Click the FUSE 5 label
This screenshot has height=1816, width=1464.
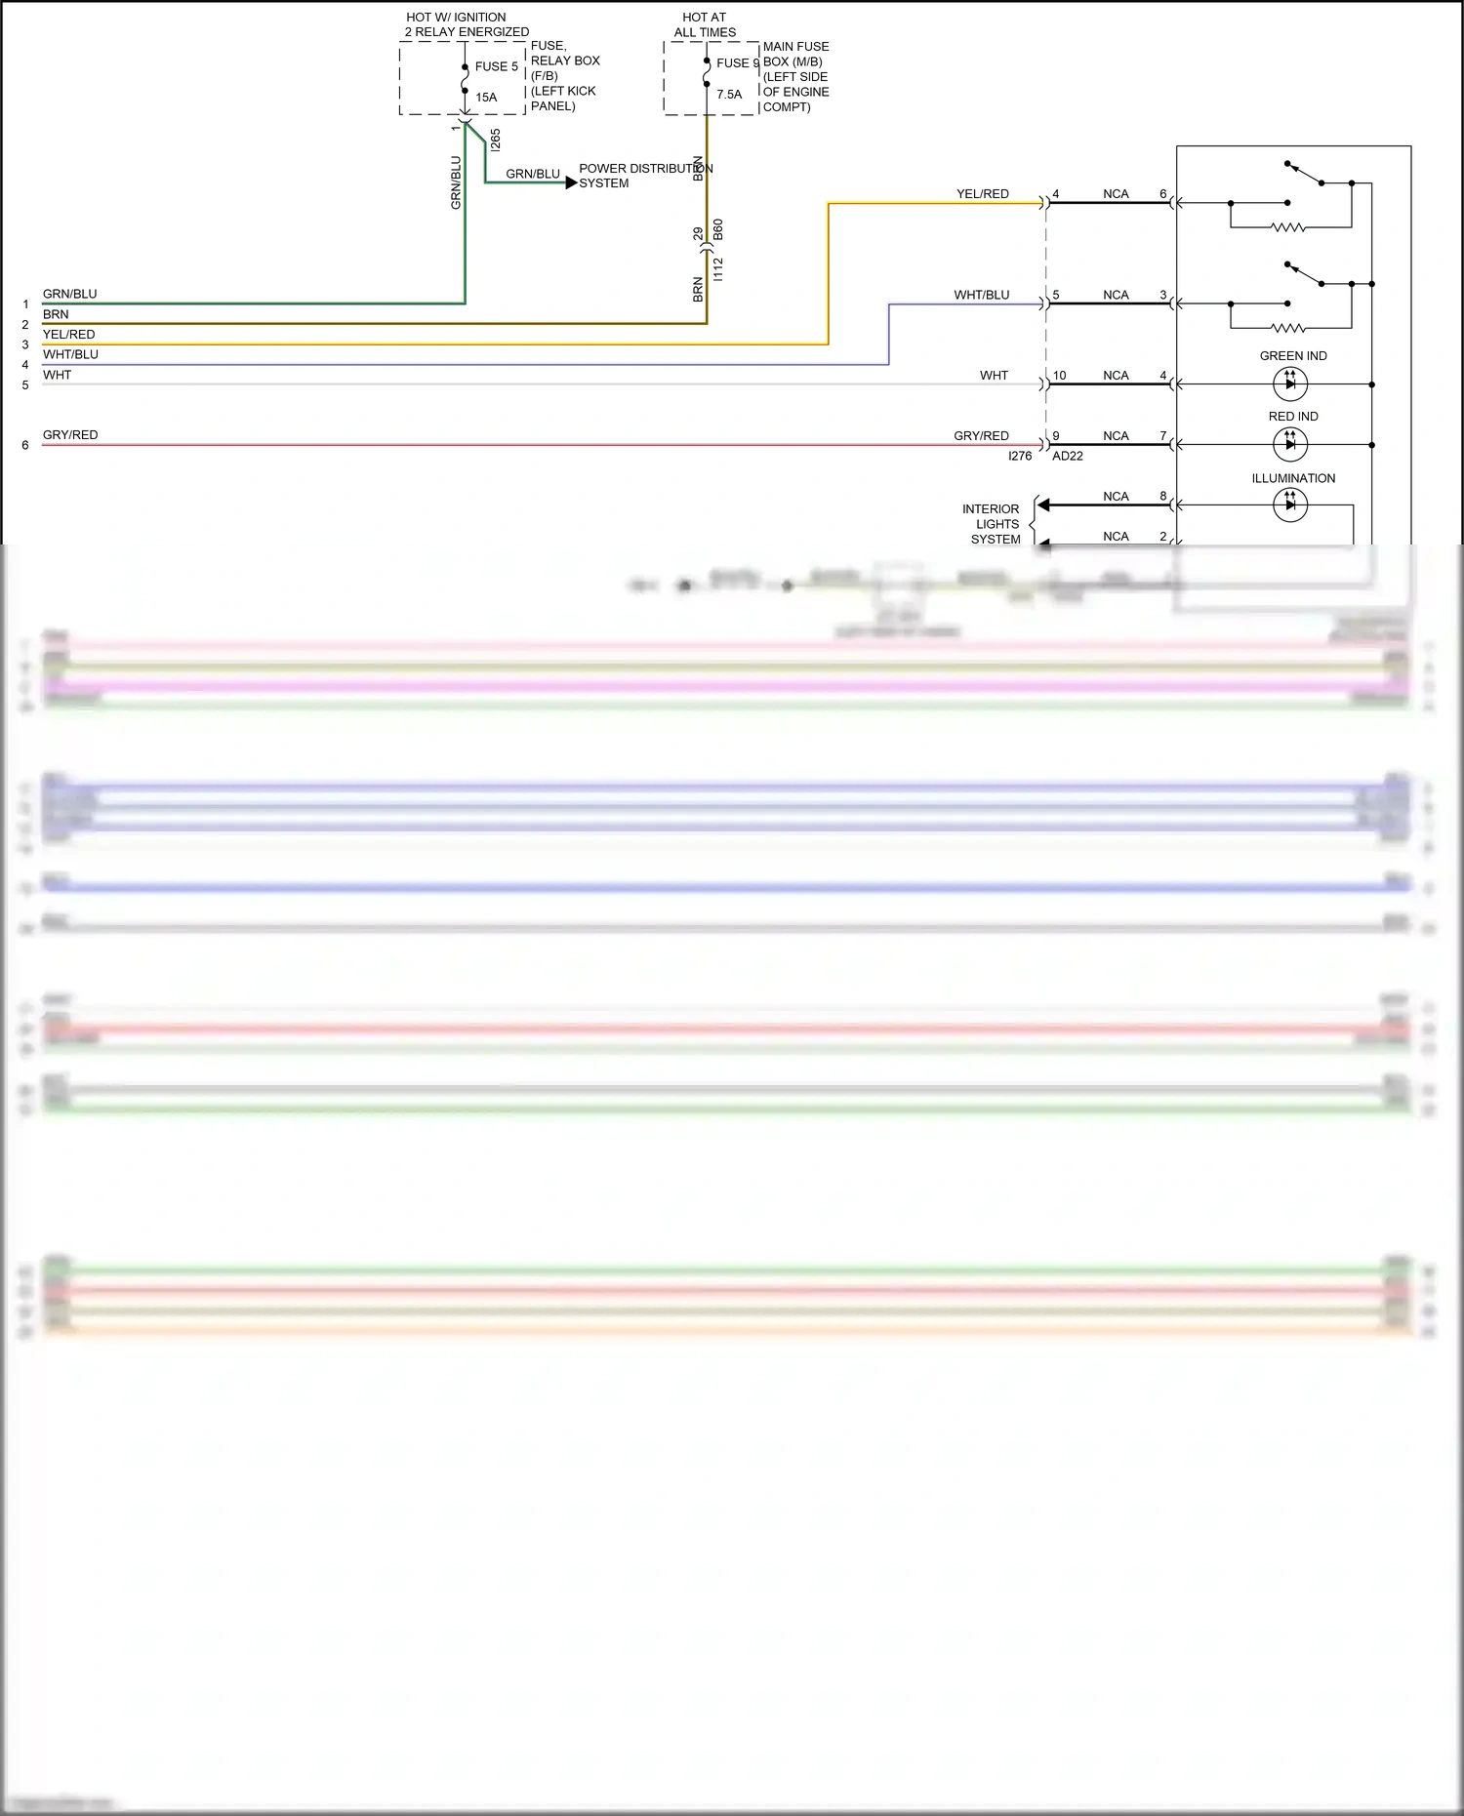coord(496,66)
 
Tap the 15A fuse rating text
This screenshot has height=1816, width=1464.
coord(486,98)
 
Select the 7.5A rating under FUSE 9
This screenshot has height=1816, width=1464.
coord(729,95)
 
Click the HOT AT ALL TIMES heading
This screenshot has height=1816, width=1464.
coord(704,24)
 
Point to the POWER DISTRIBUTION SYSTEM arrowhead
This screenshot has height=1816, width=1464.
coord(572,182)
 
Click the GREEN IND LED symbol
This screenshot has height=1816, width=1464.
coord(1290,384)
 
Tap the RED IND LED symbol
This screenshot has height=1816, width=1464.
coord(1290,445)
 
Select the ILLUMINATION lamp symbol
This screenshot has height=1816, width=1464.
coord(1290,504)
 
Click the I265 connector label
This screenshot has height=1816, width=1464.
coord(496,140)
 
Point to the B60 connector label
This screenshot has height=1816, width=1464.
coord(718,230)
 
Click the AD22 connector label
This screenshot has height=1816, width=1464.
coord(1068,456)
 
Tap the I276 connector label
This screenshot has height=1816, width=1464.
coord(1020,456)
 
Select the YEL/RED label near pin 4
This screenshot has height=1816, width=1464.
coord(982,194)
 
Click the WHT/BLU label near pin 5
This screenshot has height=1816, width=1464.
coord(981,295)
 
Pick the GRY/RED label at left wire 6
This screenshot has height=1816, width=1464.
coord(70,435)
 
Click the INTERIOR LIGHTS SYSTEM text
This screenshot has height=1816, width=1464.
coord(993,524)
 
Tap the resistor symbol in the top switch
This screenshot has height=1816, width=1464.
coord(1288,227)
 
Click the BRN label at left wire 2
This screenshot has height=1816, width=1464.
coord(56,314)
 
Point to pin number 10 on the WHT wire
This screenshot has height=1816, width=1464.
coord(1059,376)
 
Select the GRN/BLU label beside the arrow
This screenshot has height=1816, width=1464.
coord(533,174)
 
